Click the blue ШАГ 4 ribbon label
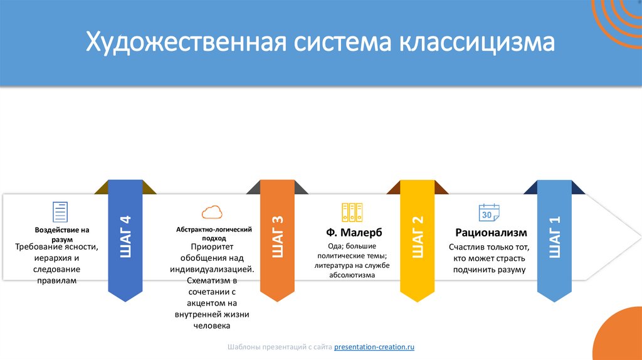click(125, 236)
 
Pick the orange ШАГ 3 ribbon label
click(277, 236)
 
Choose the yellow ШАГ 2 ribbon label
click(418, 236)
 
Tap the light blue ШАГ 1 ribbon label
click(554, 236)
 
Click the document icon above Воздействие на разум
click(60, 212)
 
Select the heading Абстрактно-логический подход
click(214, 234)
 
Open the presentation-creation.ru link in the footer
click(374, 346)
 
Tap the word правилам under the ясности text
click(57, 280)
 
